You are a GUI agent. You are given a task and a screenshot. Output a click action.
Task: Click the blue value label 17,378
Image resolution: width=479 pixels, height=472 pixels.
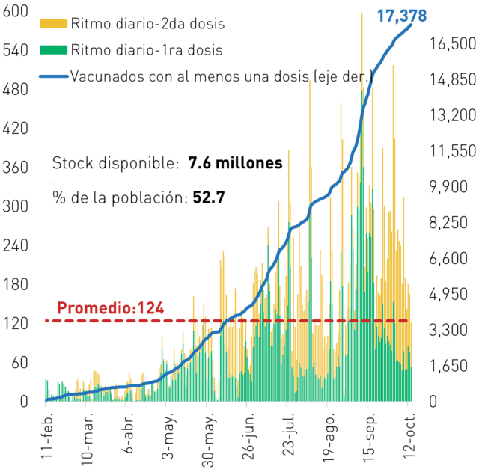point(402,16)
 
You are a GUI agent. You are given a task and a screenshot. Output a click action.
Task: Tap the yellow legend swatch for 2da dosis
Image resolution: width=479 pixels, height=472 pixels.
point(53,23)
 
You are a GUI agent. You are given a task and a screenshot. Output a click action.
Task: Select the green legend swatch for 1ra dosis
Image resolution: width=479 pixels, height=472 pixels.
point(53,50)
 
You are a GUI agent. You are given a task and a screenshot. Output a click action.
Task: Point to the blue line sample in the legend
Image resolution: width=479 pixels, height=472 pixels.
point(53,76)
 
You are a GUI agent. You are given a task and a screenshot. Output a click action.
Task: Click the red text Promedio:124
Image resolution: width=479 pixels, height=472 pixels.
point(111,307)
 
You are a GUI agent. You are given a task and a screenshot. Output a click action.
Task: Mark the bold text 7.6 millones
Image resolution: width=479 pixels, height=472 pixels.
point(235,163)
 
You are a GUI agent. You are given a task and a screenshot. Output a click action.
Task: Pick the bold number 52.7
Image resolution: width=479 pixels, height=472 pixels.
point(209,197)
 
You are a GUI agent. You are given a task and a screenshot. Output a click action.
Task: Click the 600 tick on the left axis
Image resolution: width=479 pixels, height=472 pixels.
point(15,11)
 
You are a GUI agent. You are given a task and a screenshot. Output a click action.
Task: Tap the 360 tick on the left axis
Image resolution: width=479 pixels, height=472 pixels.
point(15,168)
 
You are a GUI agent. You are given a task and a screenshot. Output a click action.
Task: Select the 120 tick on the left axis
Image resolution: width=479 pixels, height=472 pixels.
point(15,324)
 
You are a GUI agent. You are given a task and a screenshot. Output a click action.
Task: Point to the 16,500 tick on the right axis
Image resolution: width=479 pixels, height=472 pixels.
point(453,43)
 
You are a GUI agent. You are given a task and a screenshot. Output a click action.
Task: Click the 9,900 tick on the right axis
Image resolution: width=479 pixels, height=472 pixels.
point(448,186)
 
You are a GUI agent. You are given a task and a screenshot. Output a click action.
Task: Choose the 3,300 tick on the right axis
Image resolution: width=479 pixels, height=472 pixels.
point(448,330)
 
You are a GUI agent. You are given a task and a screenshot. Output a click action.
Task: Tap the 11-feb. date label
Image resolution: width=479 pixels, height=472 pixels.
point(46,435)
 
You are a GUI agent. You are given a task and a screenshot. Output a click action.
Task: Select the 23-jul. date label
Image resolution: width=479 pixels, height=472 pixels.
point(288,434)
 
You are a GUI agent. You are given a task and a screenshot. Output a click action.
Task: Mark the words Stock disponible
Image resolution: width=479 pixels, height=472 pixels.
point(115,163)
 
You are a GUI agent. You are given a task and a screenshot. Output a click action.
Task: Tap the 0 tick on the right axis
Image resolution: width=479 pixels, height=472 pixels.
point(433,402)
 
